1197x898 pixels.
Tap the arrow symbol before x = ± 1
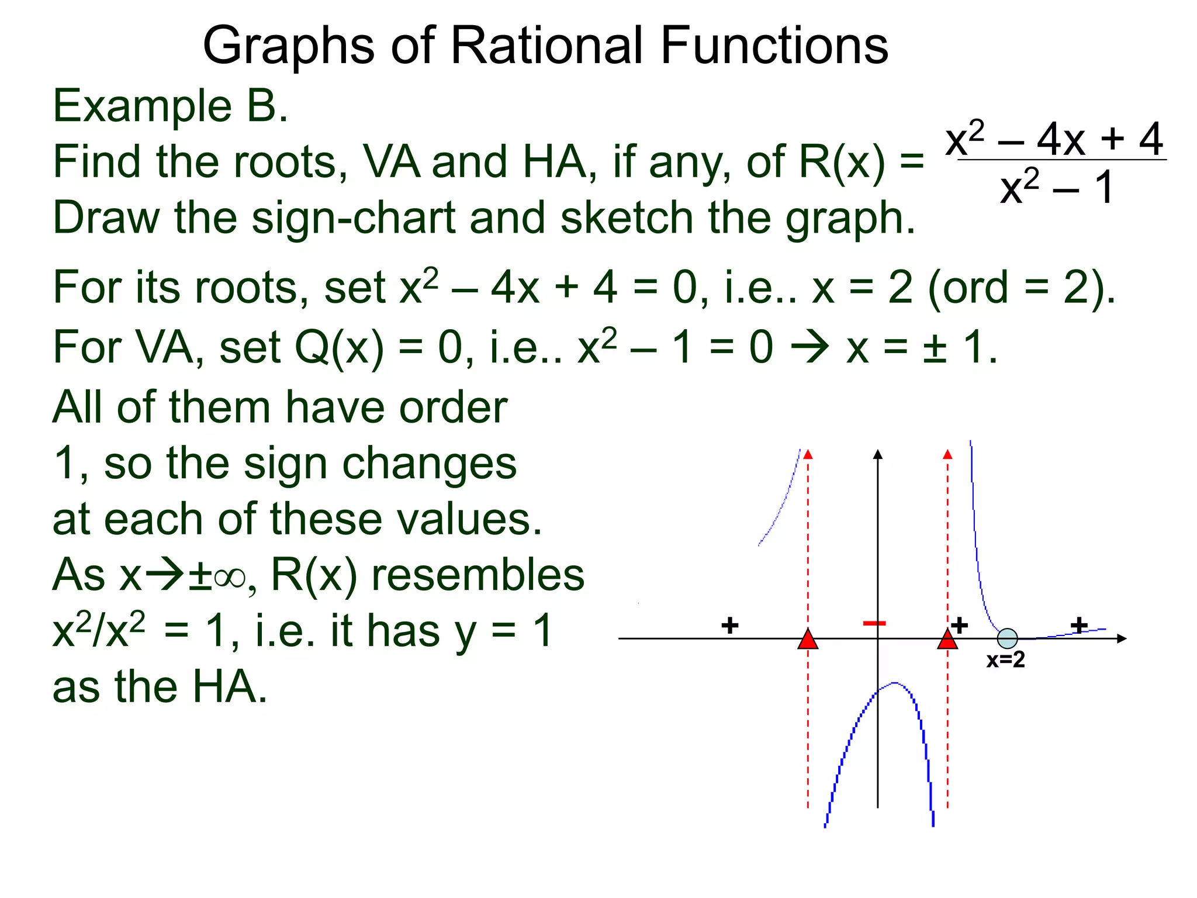(809, 347)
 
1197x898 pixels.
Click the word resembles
(478, 575)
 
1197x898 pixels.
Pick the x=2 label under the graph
(1005, 660)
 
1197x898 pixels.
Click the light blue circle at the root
(1007, 638)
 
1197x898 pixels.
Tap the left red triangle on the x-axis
(808, 640)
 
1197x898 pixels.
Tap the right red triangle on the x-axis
(947, 640)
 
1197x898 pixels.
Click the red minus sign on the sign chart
(874, 624)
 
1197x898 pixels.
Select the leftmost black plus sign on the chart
(729, 626)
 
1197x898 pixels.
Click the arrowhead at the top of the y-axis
(877, 454)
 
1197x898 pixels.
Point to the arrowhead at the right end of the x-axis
(1121, 638)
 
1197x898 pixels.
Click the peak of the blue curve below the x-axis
(894, 683)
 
